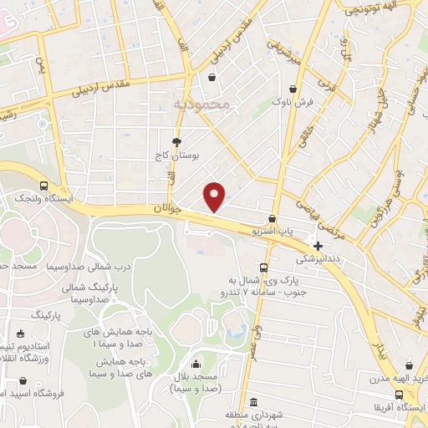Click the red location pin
(215, 196)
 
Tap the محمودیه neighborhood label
(202, 105)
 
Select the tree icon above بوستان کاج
(176, 142)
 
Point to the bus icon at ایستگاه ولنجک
(43, 186)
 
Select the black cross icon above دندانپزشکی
(317, 245)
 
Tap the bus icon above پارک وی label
(262, 267)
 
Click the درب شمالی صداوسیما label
(89, 267)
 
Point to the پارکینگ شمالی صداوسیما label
(91, 292)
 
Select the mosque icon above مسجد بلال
(196, 364)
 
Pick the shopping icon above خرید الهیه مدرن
(409, 365)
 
